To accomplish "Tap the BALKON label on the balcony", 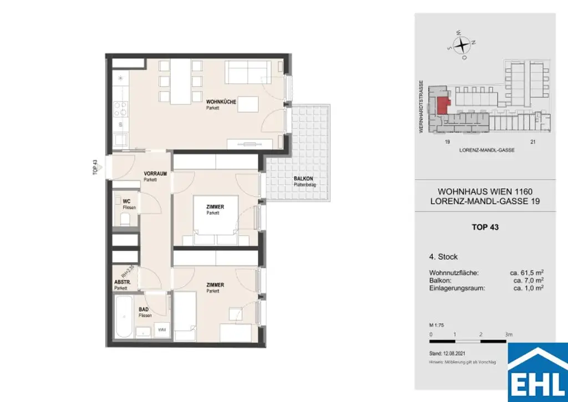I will point(304,179).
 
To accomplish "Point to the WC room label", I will point(126,202).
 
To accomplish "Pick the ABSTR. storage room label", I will point(122,283).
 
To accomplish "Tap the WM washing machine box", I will point(162,330).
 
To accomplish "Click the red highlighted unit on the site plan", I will point(443,104).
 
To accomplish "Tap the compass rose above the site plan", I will point(462,44).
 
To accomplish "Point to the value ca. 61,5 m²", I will point(526,273).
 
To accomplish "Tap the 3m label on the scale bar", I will point(509,334).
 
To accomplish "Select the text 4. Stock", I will point(443,257).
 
